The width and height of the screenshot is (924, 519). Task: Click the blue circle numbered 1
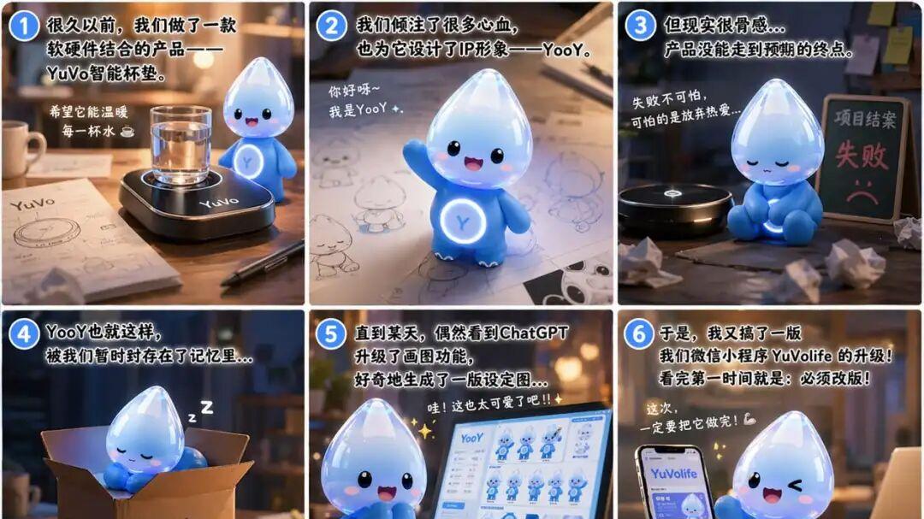coord(24,26)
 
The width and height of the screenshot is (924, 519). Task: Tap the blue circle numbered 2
coord(332,26)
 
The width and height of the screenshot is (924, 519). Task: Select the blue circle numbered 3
coord(640,26)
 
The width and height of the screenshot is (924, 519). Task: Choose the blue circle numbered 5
coord(331,333)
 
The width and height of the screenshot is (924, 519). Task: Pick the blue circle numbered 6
coord(639,333)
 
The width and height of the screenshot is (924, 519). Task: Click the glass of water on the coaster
coord(181,143)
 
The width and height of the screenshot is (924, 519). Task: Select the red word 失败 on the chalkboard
coord(856,155)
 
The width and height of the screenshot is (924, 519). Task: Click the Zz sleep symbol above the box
coord(202,410)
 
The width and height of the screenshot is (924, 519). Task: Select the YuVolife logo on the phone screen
coord(673,473)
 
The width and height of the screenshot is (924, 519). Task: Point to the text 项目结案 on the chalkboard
coord(860,117)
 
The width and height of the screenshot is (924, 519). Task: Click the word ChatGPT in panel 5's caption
coord(534,332)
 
